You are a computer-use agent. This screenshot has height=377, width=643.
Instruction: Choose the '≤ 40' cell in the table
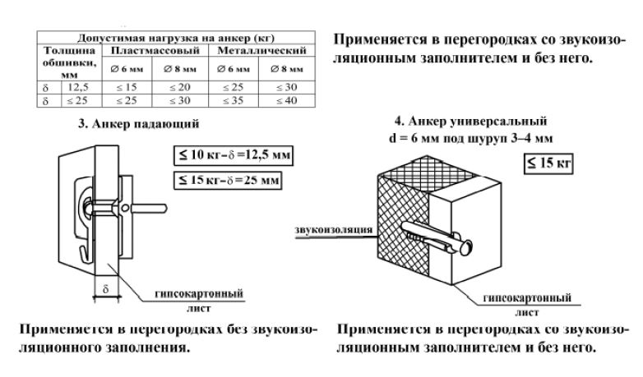292,100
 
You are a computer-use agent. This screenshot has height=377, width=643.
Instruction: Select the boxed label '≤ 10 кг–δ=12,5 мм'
229,154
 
